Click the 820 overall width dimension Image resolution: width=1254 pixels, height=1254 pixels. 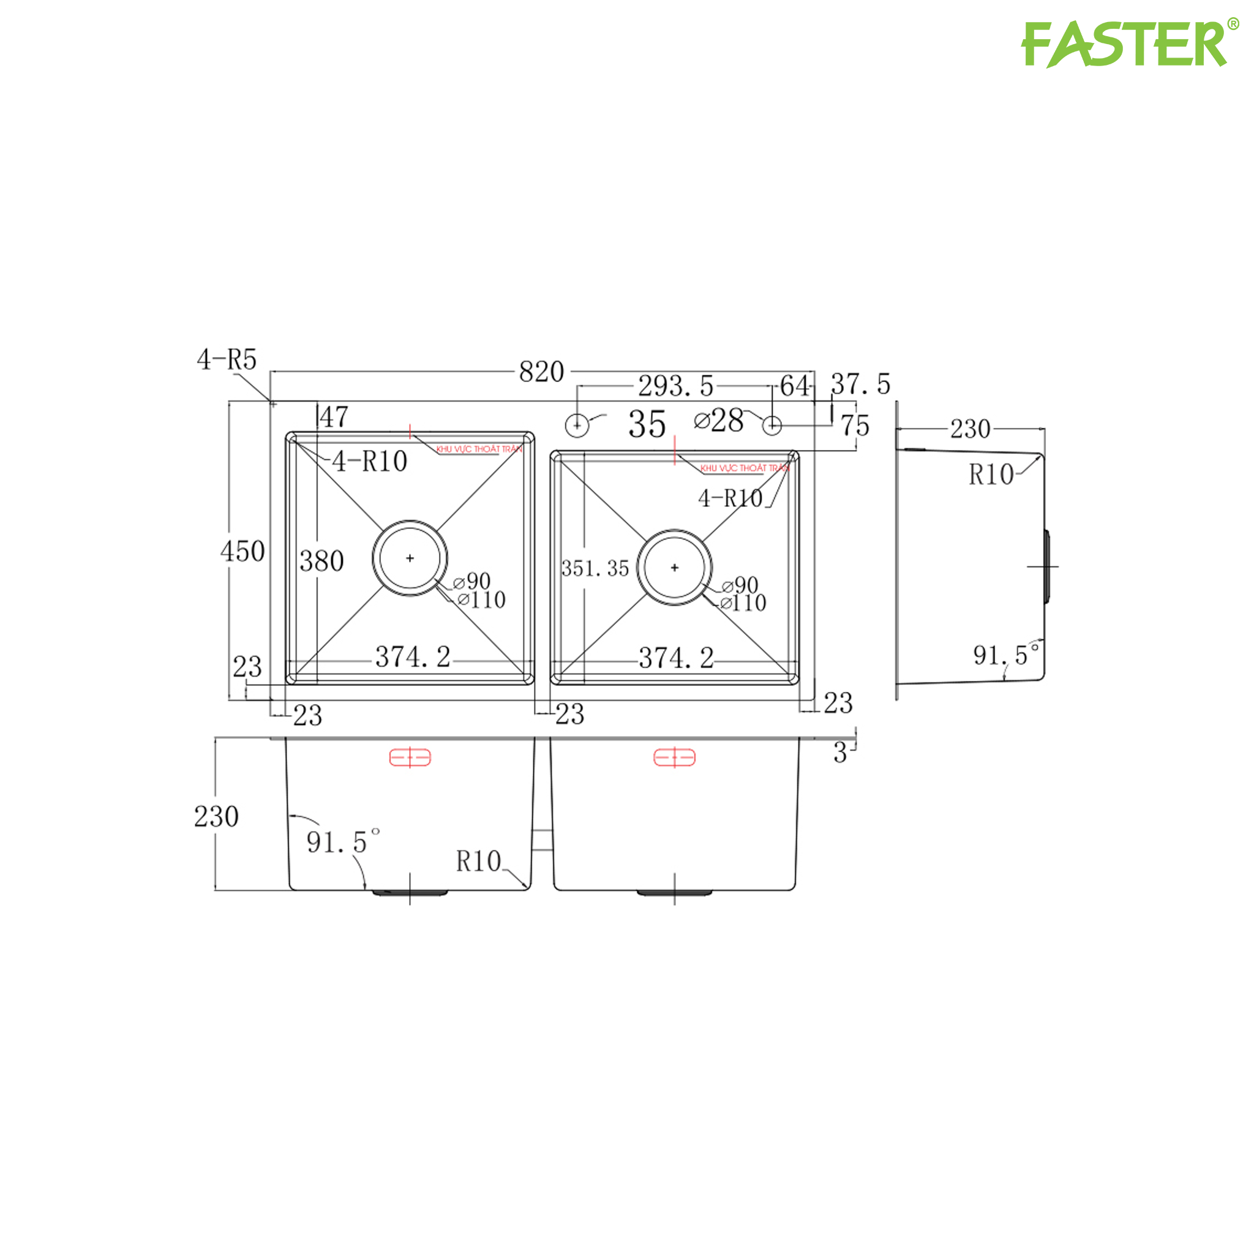[541, 372]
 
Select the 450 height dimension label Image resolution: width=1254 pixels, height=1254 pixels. [242, 552]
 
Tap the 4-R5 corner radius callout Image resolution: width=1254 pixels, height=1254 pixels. [227, 359]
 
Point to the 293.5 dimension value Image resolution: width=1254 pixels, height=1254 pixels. [676, 386]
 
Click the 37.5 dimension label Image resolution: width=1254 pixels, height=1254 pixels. [861, 385]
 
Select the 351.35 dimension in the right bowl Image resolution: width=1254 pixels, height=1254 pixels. [595, 569]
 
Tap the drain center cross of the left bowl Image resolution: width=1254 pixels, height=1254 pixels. [410, 558]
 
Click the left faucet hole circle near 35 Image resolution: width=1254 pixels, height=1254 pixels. [577, 426]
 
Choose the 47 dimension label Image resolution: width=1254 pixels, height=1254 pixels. [334, 417]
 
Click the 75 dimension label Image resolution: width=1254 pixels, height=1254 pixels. [855, 426]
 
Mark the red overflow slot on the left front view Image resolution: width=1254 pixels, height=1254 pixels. [410, 757]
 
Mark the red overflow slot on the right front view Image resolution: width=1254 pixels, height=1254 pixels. [674, 757]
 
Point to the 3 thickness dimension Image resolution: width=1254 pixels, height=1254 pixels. [841, 754]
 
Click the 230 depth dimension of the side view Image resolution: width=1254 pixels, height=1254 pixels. [971, 429]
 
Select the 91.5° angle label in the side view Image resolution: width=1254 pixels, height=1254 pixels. [1004, 656]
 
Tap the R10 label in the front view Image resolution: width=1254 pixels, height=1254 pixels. [478, 862]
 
